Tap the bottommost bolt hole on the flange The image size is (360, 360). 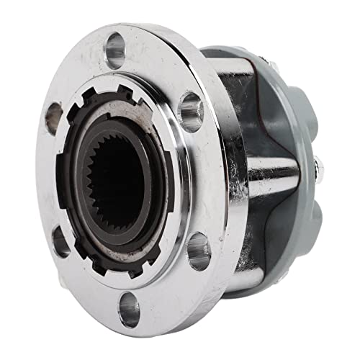pyautogui.click(x=129, y=311)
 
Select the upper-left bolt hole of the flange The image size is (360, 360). pyautogui.click(x=53, y=117)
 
